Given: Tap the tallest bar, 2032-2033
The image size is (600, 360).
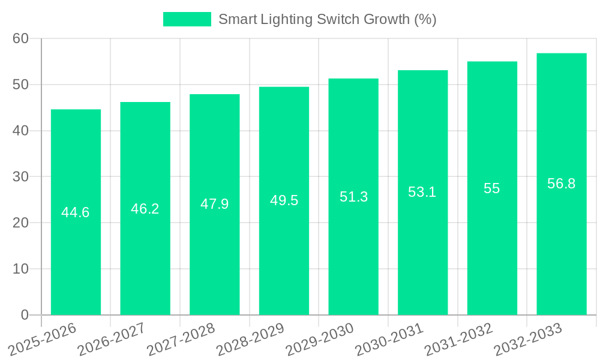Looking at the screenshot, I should (x=562, y=240).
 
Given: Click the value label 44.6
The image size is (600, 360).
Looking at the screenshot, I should (x=76, y=212).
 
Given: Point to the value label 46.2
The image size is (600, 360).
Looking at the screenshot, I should (x=145, y=209).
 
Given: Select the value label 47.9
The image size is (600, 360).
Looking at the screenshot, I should (x=215, y=204).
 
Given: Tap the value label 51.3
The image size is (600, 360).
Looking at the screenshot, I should (x=353, y=197).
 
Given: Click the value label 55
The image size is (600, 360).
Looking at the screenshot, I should (x=492, y=188).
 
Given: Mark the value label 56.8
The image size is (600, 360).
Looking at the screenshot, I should (x=562, y=184).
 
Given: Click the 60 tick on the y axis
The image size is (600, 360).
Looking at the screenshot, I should (x=21, y=38).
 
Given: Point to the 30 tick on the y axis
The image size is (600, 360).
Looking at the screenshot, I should (x=21, y=177).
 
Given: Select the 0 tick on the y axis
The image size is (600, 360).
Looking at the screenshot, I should (x=25, y=315).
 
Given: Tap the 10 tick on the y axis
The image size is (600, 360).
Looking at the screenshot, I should (x=21, y=269).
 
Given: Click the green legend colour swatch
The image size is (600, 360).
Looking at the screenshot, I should (x=187, y=19).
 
